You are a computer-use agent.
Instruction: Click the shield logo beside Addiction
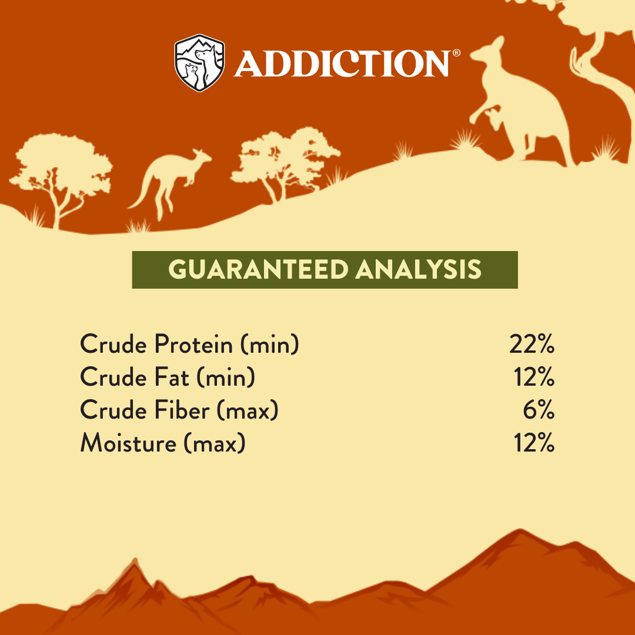click(x=199, y=63)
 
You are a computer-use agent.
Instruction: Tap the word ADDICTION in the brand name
click(x=342, y=63)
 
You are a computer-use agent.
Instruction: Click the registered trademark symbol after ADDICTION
click(x=456, y=53)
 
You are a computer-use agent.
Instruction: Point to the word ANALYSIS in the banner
click(x=419, y=270)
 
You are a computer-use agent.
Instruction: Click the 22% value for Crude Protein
click(x=532, y=345)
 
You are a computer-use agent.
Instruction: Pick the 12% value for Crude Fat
click(x=534, y=377)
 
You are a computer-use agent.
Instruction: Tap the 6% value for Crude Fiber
click(x=539, y=410)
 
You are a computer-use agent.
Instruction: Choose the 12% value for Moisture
click(x=534, y=443)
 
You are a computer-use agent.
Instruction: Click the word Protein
click(x=193, y=345)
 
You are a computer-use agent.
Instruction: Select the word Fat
click(x=172, y=377)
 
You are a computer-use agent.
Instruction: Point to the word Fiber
click(x=182, y=410)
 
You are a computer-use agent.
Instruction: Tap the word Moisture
click(x=128, y=443)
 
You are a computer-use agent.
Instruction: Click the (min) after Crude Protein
click(x=270, y=345)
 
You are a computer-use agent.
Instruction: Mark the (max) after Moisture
click(x=215, y=443)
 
